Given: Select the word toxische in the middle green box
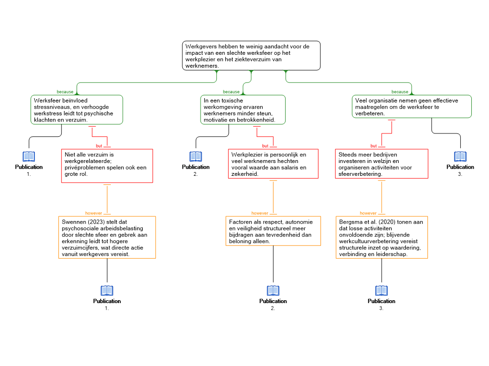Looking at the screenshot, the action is click(x=232, y=101).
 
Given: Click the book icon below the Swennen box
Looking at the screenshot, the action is click(x=107, y=290).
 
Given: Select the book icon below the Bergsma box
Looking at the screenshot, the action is click(x=382, y=290).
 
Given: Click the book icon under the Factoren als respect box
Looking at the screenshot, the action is click(x=273, y=290).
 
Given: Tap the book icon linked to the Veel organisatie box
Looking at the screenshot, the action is click(x=460, y=156).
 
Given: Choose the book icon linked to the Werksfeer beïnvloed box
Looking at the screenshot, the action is click(x=29, y=156).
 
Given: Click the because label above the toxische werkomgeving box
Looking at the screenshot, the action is click(x=231, y=92).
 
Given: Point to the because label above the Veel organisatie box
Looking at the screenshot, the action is click(x=400, y=92).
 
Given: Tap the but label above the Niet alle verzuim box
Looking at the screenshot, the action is click(x=99, y=146).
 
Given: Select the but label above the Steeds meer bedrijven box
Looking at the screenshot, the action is click(x=373, y=146).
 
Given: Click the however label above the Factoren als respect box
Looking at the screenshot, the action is click(x=260, y=213).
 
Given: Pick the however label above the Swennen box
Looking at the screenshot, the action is click(x=94, y=213).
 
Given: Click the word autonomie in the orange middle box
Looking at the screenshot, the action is click(x=299, y=222).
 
